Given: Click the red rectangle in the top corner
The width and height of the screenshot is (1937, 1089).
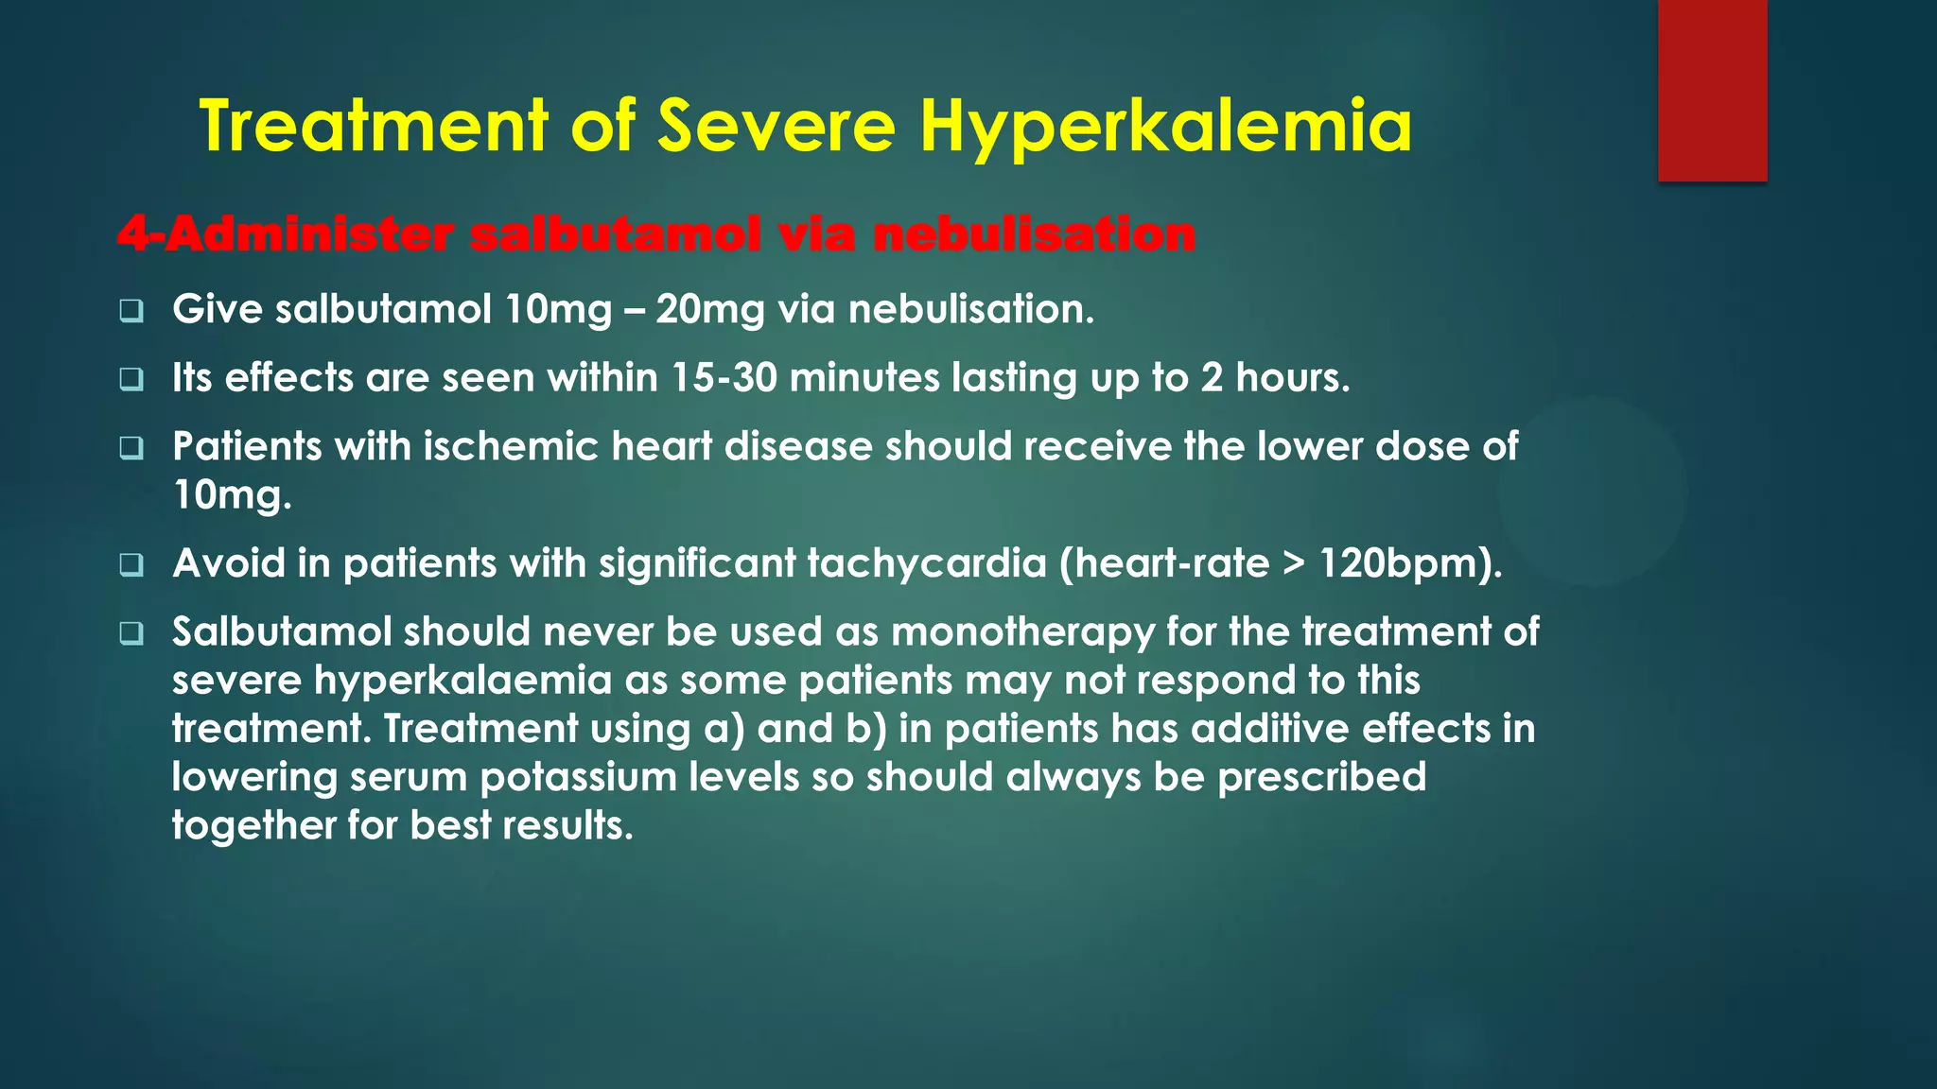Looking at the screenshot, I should [1712, 90].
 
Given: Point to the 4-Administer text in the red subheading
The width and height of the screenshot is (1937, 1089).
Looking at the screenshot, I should [285, 234].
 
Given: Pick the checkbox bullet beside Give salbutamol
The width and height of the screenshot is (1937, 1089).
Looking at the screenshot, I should [131, 311].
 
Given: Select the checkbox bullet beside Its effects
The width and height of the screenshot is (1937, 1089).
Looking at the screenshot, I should [131, 380].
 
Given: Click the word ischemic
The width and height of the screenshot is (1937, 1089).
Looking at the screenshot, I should [511, 446].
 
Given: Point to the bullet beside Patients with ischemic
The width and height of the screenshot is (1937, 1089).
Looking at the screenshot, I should [131, 448].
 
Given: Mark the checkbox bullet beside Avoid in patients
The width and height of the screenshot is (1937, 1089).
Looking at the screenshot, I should [131, 565].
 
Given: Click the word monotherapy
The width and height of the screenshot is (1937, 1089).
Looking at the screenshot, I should [1022, 632].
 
